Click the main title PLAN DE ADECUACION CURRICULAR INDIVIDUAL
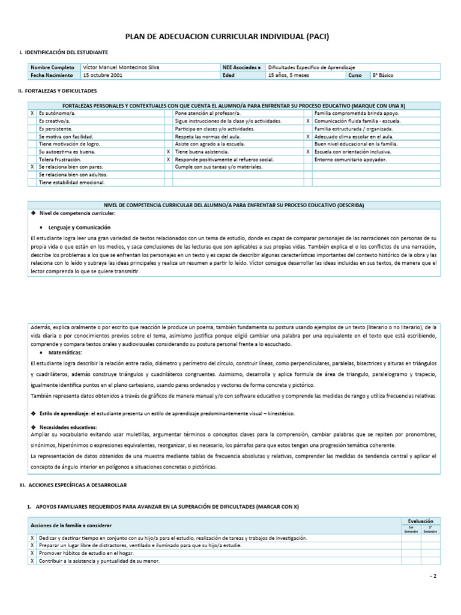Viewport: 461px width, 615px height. click(227, 37)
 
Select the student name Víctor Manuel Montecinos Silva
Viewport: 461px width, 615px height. click(122, 68)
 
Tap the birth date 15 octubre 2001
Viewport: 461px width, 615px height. click(103, 76)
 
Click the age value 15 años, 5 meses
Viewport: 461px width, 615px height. click(288, 76)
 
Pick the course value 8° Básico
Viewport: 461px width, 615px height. click(383, 76)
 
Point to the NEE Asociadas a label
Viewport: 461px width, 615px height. click(241, 68)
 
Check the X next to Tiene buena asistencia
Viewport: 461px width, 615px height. click(169, 152)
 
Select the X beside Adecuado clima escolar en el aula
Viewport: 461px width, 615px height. click(307, 136)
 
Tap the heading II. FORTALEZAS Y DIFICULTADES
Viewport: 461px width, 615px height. click(58, 91)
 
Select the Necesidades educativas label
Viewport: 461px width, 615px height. click(64, 426)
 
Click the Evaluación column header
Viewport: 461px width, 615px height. click(420, 521)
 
